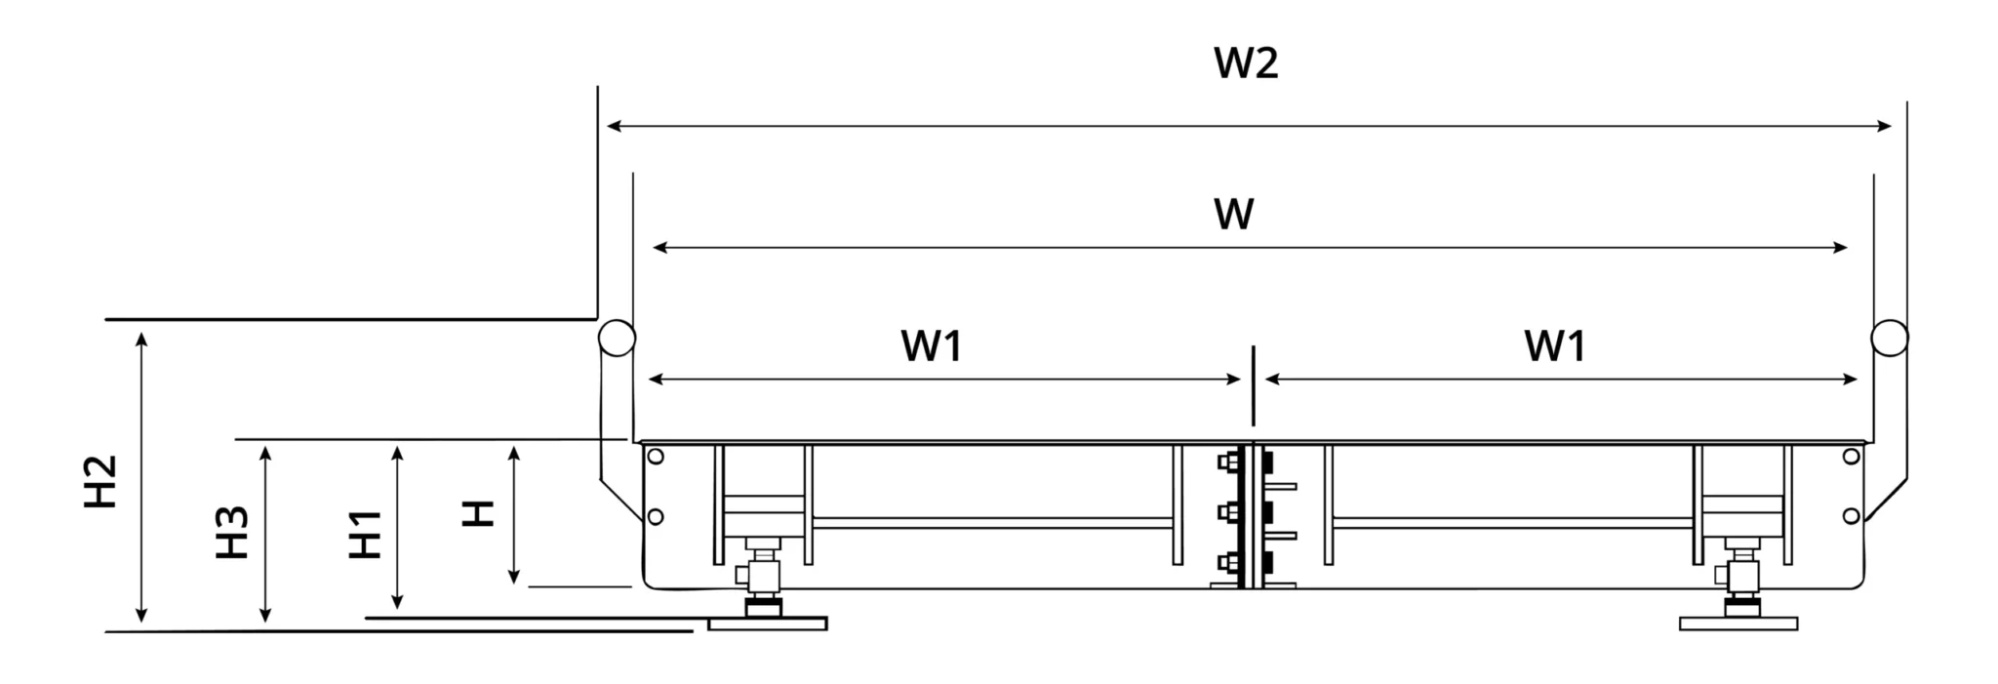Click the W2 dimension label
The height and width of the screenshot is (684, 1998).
tap(1245, 62)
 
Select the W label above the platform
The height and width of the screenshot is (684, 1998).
tap(1233, 214)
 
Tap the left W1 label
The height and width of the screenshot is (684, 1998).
tap(931, 345)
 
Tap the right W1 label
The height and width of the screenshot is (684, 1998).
tap(1554, 345)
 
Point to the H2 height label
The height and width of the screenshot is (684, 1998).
tap(100, 481)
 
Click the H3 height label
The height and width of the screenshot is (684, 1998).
tap(233, 532)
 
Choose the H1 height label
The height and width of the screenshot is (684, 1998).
tap(366, 534)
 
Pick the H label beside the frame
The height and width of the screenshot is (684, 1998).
tap(478, 513)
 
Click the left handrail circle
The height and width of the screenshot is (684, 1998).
tap(617, 339)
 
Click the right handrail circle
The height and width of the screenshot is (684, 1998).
tap(1890, 338)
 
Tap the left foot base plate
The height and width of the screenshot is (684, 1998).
tap(767, 623)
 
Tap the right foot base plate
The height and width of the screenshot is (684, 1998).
tap(1738, 623)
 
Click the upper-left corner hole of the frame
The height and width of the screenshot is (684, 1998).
tap(656, 456)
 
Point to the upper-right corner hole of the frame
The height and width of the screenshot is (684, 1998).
tap(1851, 456)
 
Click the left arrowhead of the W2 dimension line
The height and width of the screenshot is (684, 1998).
tap(613, 126)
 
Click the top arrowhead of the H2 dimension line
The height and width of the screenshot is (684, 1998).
tap(142, 339)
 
